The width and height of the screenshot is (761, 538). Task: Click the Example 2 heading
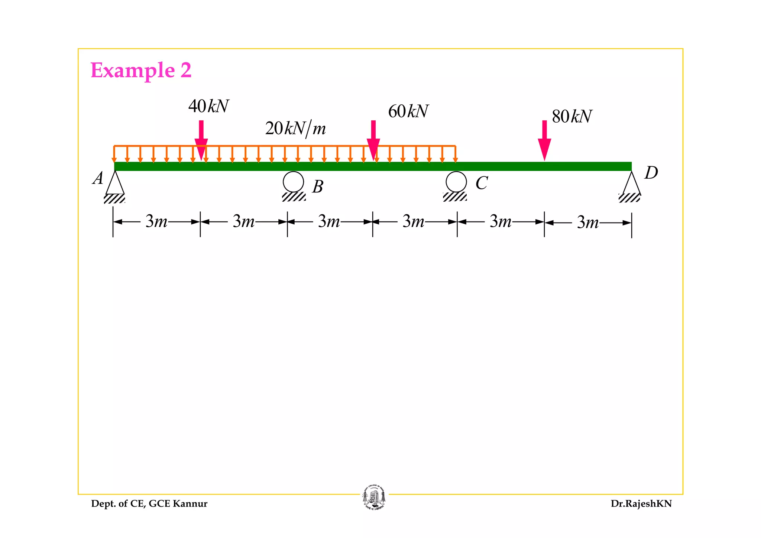(141, 70)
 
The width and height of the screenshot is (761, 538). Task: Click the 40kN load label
(208, 106)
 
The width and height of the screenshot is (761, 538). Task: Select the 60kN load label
(408, 111)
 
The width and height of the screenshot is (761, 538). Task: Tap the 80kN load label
(572, 117)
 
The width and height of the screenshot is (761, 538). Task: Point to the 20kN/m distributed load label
(295, 129)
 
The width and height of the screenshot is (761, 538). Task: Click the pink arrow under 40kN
(201, 140)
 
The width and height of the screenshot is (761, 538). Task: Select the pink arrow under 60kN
(373, 140)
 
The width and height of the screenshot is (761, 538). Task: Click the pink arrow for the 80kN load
(544, 140)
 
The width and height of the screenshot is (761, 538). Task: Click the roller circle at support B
(293, 182)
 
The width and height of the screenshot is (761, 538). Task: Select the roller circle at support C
(456, 182)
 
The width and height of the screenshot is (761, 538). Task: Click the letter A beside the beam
(98, 178)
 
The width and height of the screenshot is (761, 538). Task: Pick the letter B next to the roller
(318, 187)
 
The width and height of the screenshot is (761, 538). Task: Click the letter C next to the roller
(482, 183)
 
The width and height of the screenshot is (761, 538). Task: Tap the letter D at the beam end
(651, 173)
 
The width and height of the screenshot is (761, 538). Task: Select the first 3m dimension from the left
(156, 221)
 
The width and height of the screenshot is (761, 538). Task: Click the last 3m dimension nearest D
(588, 223)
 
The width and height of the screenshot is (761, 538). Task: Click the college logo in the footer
(374, 498)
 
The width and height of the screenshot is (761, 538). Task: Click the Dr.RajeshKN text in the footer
(641, 504)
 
